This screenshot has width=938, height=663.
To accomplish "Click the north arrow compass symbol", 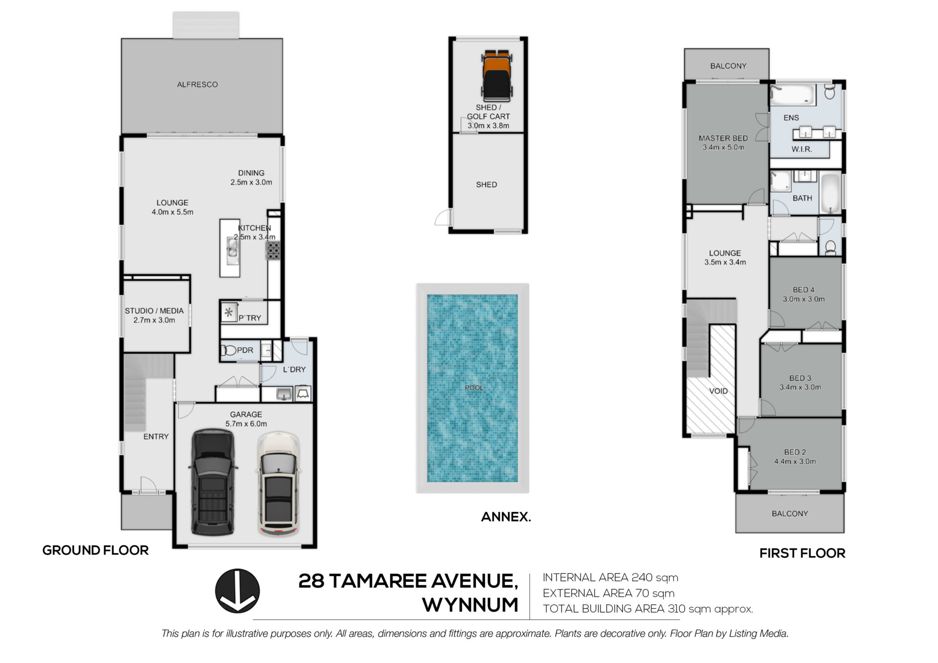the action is [237, 591].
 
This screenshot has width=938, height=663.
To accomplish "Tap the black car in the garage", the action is [213, 482].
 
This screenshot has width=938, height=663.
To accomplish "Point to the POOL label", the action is [474, 388].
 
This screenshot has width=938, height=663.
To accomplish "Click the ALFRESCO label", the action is [197, 85].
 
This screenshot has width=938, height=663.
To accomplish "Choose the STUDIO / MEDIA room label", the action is [154, 311].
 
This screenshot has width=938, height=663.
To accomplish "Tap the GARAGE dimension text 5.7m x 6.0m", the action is [246, 424].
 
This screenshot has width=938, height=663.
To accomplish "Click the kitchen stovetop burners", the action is [273, 251].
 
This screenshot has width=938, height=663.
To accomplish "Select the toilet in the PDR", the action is [229, 350].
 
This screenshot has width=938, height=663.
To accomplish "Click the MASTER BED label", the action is [723, 138].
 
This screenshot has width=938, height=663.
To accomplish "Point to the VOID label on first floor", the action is [718, 391].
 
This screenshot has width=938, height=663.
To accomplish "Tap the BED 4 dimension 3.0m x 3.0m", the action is [804, 299].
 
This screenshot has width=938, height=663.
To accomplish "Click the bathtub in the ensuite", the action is [793, 95].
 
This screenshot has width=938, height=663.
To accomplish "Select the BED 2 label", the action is [795, 452].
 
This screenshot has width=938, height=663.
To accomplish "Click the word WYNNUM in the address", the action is [470, 605].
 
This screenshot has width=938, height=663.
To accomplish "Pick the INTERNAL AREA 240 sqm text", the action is [611, 577].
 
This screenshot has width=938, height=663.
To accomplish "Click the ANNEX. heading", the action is [506, 517].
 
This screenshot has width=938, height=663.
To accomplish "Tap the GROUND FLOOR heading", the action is [95, 550].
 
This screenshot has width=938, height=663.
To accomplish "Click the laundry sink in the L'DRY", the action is [284, 394].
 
